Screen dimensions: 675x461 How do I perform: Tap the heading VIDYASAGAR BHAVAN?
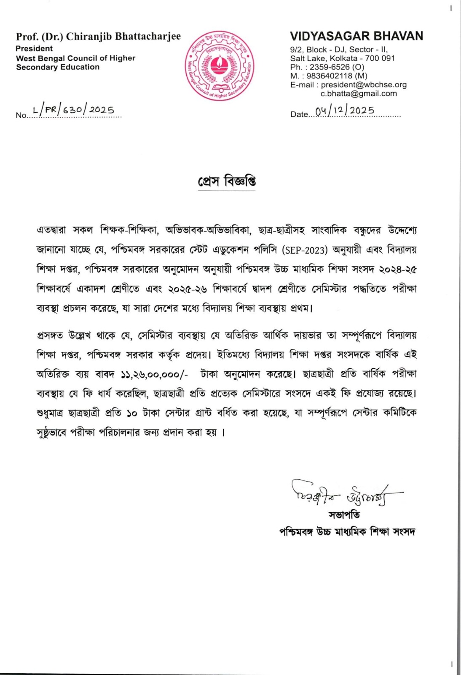click(356, 36)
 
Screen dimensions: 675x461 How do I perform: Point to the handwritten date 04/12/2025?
click(345, 111)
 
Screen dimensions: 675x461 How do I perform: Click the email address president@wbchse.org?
click(364, 85)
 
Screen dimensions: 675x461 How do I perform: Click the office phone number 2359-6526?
click(330, 67)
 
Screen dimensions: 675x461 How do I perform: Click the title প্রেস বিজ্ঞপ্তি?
click(227, 181)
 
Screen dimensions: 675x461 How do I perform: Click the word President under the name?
click(34, 49)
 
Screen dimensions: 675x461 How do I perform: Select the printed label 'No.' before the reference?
click(21, 115)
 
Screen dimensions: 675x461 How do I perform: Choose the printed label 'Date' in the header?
click(299, 114)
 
